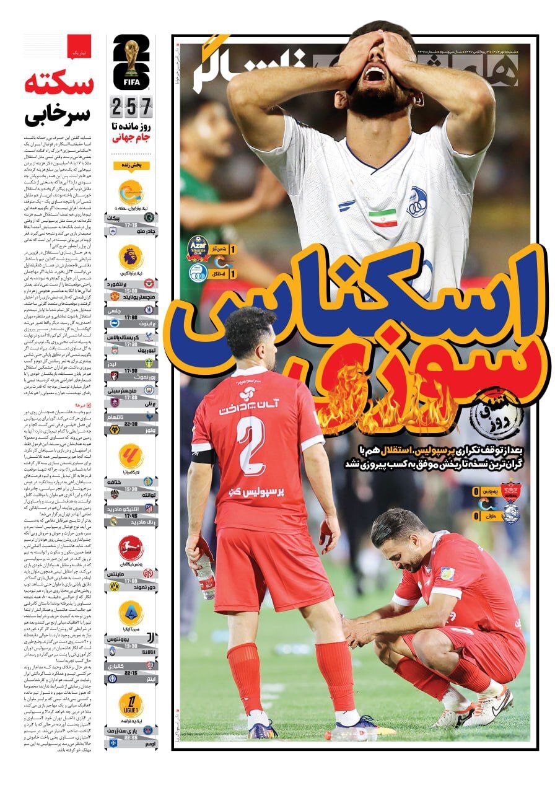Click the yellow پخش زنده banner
pyautogui.click(x=131, y=165)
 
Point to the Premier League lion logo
pyautogui.click(x=131, y=256)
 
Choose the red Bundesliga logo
pyautogui.click(x=131, y=548)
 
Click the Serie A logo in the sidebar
pyautogui.click(x=131, y=613)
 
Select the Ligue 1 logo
pyautogui.click(x=131, y=704)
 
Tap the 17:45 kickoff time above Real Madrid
pyautogui.click(x=131, y=514)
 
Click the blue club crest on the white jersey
pyautogui.click(x=416, y=203)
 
